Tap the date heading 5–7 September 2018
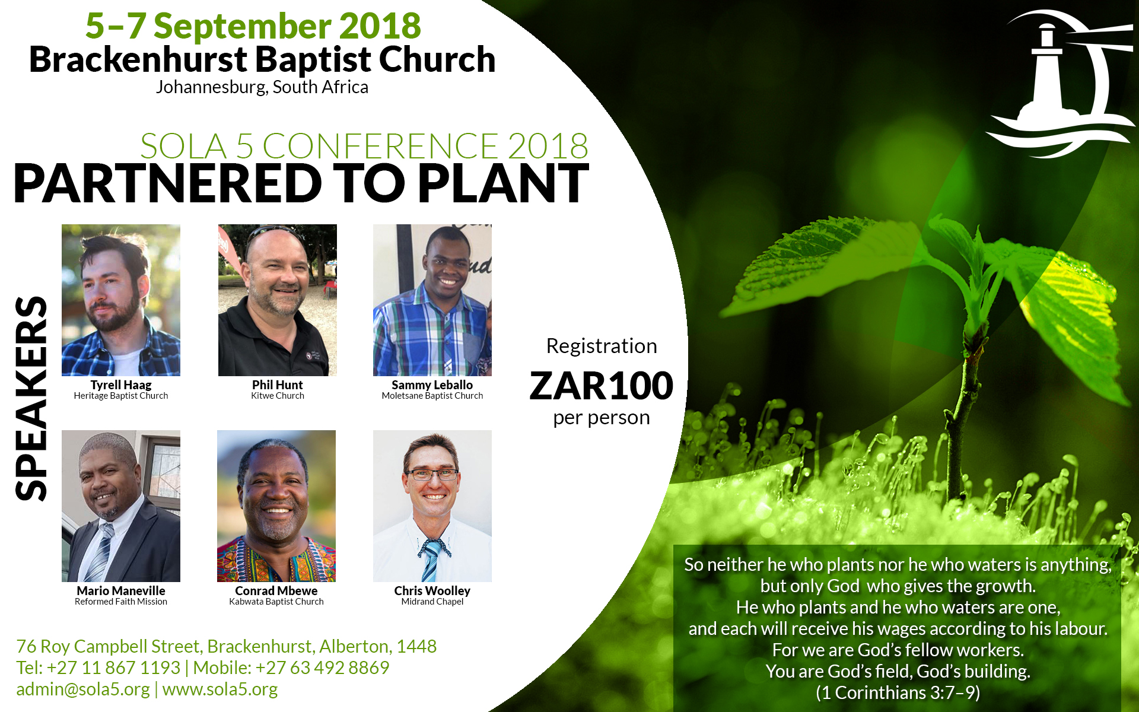coord(253,26)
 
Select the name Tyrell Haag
coord(121,385)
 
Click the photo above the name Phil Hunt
coord(278,300)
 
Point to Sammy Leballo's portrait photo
coord(432,300)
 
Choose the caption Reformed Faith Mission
coord(121,602)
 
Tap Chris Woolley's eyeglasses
coord(432,475)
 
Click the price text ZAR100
coord(602,386)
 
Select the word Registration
coord(602,346)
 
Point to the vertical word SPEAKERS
coord(31,398)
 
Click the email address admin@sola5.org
coord(83,689)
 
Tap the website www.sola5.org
coord(220,689)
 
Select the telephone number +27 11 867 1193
coord(113,667)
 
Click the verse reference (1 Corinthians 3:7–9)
coord(898,692)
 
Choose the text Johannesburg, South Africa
coord(262,87)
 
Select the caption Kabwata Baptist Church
coord(276,602)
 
